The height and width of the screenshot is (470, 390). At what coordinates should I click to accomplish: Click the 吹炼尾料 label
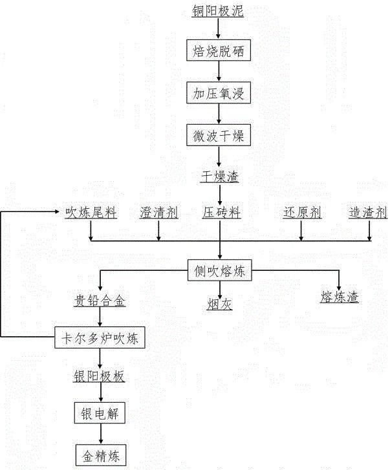(x=91, y=213)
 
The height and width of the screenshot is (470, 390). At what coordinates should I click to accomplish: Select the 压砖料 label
(x=221, y=213)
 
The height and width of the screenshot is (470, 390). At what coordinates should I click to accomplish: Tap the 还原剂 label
(x=302, y=213)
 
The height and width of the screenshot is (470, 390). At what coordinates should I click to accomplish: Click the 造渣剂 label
(x=368, y=213)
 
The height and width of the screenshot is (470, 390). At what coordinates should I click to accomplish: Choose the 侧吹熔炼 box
(x=220, y=272)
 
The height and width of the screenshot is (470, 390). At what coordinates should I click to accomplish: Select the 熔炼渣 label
(x=339, y=297)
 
